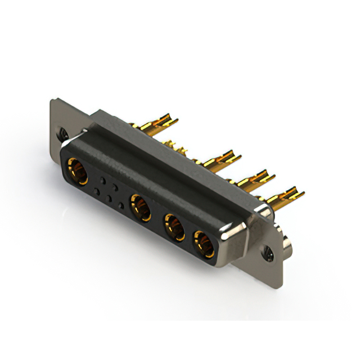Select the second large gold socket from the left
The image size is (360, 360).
[141, 207]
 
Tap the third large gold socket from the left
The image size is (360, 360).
[174, 226]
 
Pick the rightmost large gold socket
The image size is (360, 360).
[204, 243]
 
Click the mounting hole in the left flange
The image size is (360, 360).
[64, 134]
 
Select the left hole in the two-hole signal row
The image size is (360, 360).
[103, 181]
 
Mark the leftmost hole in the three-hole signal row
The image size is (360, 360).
[97, 192]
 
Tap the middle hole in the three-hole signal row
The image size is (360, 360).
[110, 199]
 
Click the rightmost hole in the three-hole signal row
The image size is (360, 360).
[121, 205]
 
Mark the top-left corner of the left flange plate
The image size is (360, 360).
[52, 101]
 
